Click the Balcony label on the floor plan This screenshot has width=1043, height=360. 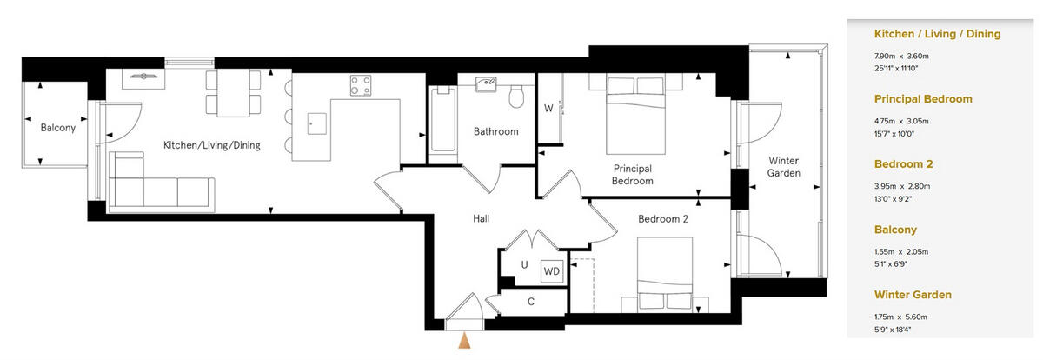(58, 128)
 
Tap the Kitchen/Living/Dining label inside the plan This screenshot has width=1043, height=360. (212, 145)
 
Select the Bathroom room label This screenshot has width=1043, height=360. (495, 132)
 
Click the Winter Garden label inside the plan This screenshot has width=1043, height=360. (783, 167)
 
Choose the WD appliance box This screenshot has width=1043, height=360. (551, 271)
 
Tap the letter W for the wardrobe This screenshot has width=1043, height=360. (548, 109)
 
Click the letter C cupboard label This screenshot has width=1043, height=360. (530, 303)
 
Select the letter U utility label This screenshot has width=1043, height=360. (524, 265)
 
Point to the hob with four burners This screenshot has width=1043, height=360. (361, 85)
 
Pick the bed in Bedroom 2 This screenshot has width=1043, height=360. (665, 272)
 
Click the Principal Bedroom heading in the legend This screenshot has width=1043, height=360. (922, 99)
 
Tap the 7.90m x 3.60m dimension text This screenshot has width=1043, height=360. (901, 56)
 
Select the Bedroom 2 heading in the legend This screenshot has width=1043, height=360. (903, 164)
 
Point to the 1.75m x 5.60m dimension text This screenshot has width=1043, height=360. (901, 317)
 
